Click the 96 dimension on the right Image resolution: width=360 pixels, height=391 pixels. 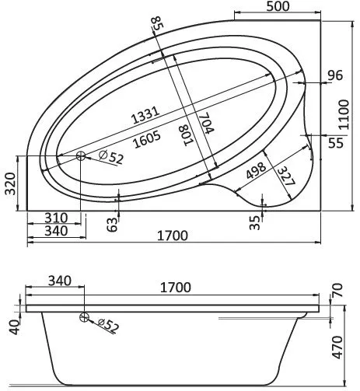[335, 75]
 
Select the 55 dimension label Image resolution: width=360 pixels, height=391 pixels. [335, 143]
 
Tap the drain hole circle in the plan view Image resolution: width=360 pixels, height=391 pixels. [82, 155]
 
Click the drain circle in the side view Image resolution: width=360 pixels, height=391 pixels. [82, 316]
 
